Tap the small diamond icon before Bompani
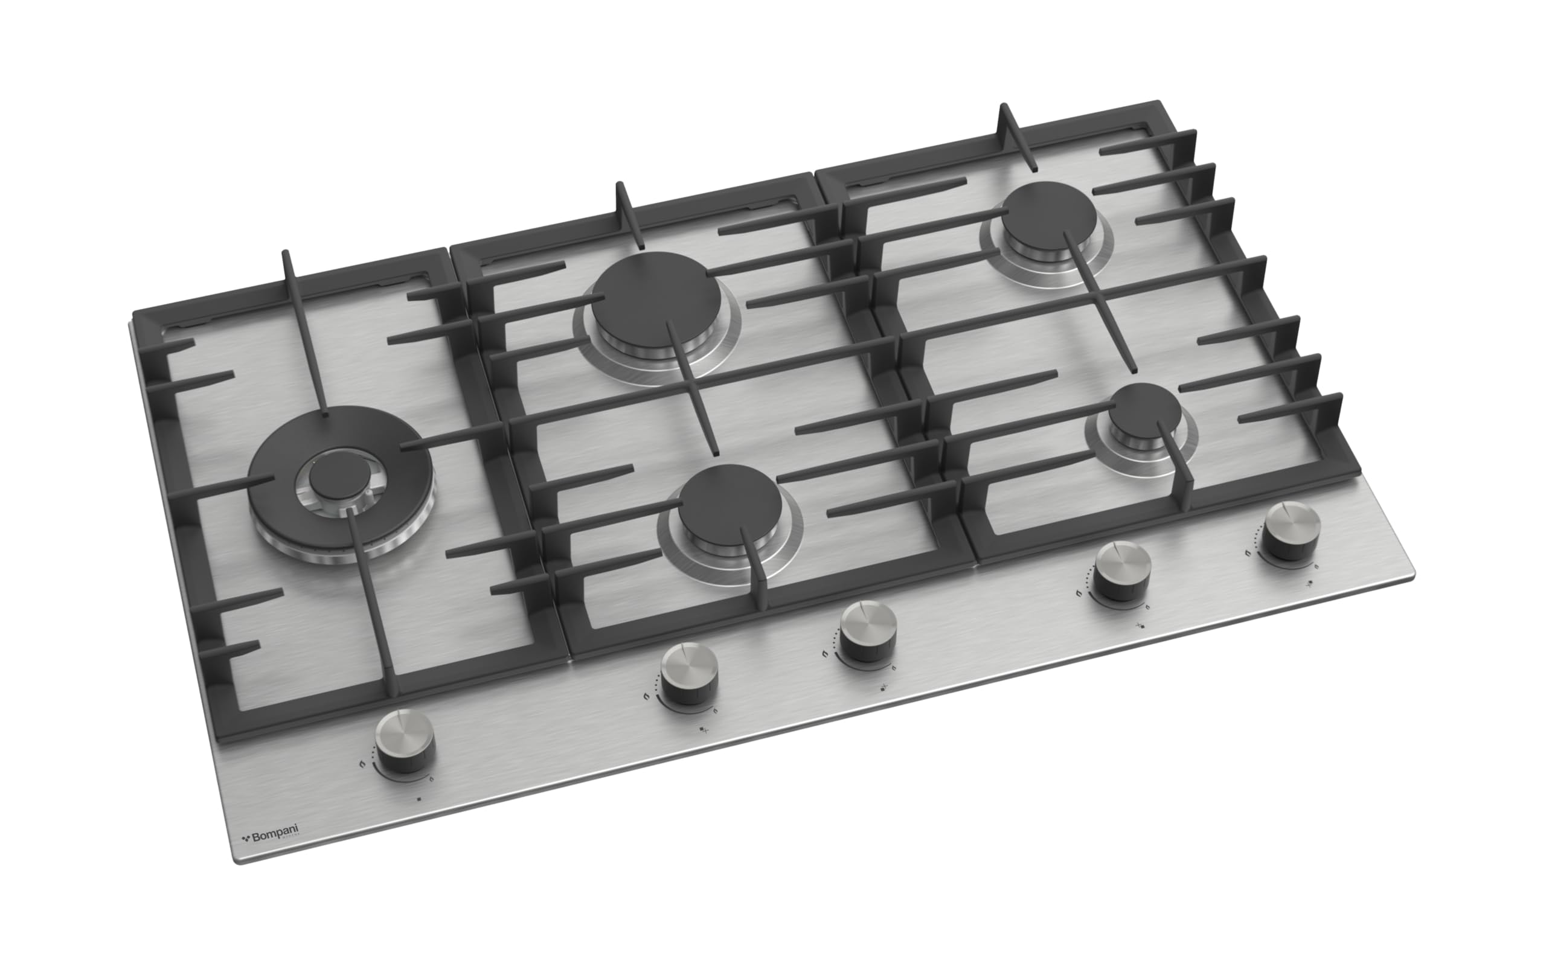tap(245, 837)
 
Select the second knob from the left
tap(688, 672)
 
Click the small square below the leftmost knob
tap(419, 799)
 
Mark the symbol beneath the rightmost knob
tap(1310, 583)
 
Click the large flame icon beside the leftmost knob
tap(362, 765)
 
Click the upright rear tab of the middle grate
tap(621, 195)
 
